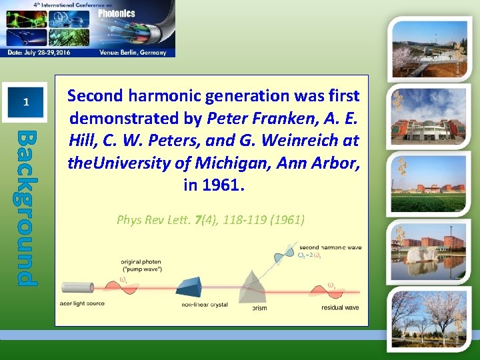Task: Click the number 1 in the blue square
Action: coord(25,102)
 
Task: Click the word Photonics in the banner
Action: coord(117,13)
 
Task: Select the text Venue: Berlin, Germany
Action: coord(133,53)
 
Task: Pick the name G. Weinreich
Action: coord(313,141)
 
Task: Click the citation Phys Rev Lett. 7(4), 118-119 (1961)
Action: coord(211,219)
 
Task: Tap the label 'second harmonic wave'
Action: coord(330,247)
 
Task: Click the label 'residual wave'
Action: coord(340,307)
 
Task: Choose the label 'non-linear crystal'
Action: coord(204,305)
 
